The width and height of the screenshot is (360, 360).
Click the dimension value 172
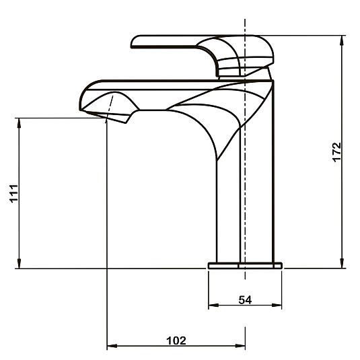[x=337, y=153]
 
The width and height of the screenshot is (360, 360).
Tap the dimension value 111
[x=13, y=194]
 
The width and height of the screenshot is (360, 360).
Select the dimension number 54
[x=245, y=300]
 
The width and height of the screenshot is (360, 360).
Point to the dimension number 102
[x=176, y=340]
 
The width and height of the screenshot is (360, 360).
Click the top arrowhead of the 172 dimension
[x=342, y=40]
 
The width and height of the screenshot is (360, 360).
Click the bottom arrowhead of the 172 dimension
[x=342, y=263]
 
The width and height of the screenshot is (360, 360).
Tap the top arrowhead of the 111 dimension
[x=19, y=123]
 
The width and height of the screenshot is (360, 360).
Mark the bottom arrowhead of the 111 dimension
[x=19, y=263]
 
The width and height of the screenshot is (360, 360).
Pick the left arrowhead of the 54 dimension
[x=213, y=305]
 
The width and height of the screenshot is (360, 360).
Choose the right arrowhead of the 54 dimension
[x=277, y=305]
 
